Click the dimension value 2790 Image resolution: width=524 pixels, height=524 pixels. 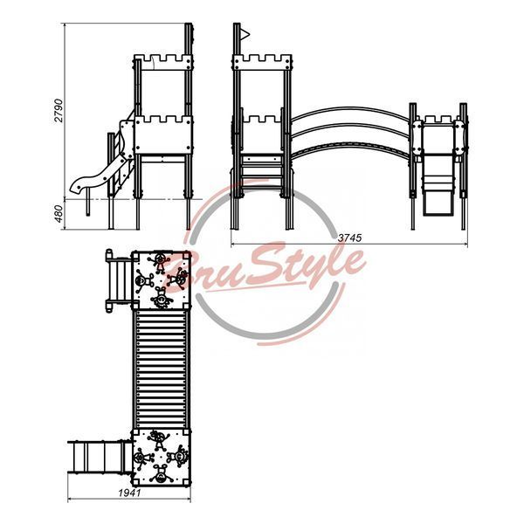59,110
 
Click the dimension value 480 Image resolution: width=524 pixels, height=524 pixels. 59,214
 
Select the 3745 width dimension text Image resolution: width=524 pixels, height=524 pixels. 349,238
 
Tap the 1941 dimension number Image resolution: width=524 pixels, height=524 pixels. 129,493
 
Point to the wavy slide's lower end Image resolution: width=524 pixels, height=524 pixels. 75,187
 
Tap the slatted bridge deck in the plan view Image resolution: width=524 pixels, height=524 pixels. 161,369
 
